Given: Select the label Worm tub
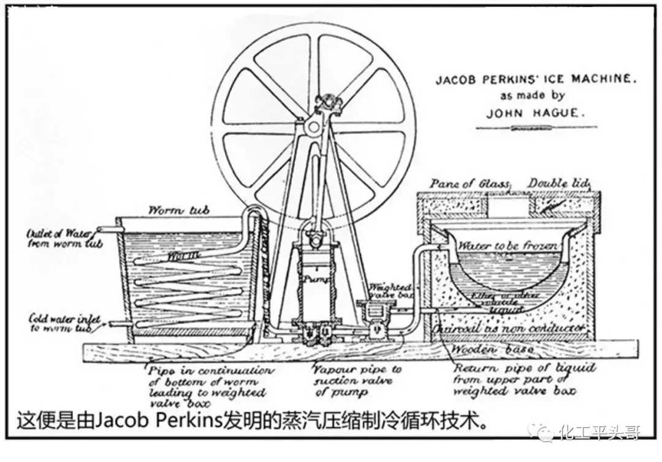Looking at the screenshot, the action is click(x=179, y=210).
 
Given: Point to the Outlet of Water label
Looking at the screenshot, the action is click(x=59, y=238).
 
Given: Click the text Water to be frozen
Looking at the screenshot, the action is click(x=508, y=246).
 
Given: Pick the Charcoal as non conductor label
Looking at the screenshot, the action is click(x=509, y=329).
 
